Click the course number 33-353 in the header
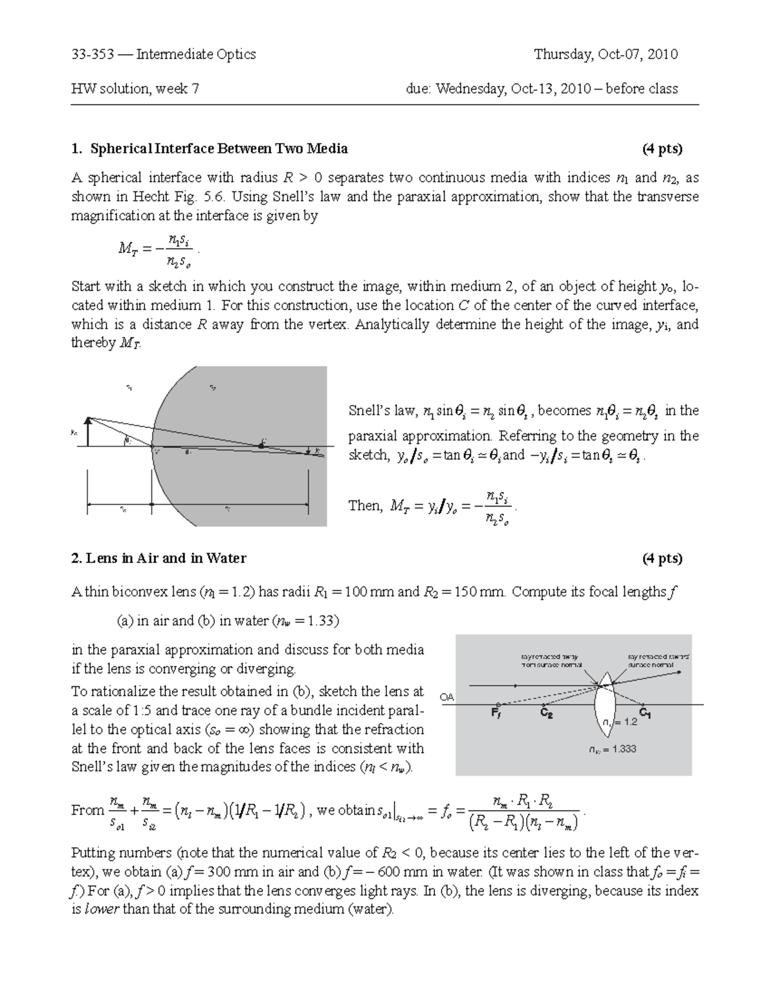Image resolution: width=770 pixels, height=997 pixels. pyautogui.click(x=92, y=55)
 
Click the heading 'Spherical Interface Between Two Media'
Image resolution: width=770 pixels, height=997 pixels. pyautogui.click(x=219, y=149)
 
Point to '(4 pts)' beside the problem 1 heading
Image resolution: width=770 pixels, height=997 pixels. pyautogui.click(x=662, y=149)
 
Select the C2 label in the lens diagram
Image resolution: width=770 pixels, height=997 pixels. pyautogui.click(x=546, y=713)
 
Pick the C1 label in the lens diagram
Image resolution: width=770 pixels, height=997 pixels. pyautogui.click(x=646, y=713)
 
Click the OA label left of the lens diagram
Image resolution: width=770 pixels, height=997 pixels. pyautogui.click(x=446, y=697)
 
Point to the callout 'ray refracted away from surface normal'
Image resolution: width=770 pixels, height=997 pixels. pyautogui.click(x=549, y=661)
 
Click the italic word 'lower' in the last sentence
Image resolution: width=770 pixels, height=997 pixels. pyautogui.click(x=101, y=910)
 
